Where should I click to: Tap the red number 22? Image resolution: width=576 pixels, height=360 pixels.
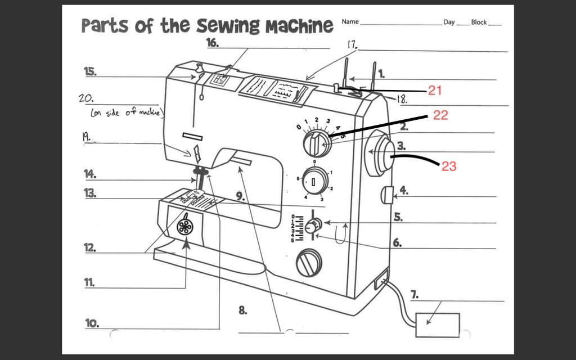click(440, 115)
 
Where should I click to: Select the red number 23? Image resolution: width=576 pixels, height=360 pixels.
click(448, 166)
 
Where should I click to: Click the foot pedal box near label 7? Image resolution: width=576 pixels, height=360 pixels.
click(437, 324)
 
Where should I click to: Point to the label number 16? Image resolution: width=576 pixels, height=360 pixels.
click(212, 43)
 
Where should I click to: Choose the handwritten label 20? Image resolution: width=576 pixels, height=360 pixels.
click(85, 98)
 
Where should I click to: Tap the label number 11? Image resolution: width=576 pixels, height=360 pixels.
click(89, 283)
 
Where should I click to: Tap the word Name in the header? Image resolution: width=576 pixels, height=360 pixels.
click(350, 22)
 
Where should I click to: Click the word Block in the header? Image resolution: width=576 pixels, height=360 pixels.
click(479, 22)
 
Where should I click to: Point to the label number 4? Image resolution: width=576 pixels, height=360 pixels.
click(404, 190)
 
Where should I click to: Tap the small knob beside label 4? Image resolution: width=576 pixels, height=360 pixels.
click(386, 195)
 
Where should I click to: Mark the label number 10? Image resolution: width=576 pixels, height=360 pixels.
click(92, 323)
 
